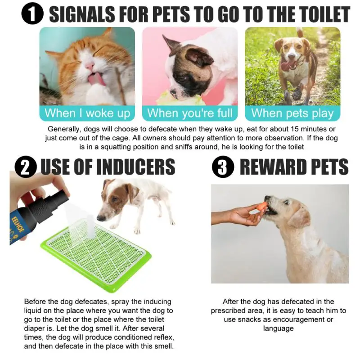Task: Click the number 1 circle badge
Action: tap(32, 14)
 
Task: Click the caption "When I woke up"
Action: tap(87, 113)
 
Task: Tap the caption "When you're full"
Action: tap(189, 113)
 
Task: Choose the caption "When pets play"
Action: tap(292, 113)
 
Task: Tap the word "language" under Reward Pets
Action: tap(278, 328)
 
